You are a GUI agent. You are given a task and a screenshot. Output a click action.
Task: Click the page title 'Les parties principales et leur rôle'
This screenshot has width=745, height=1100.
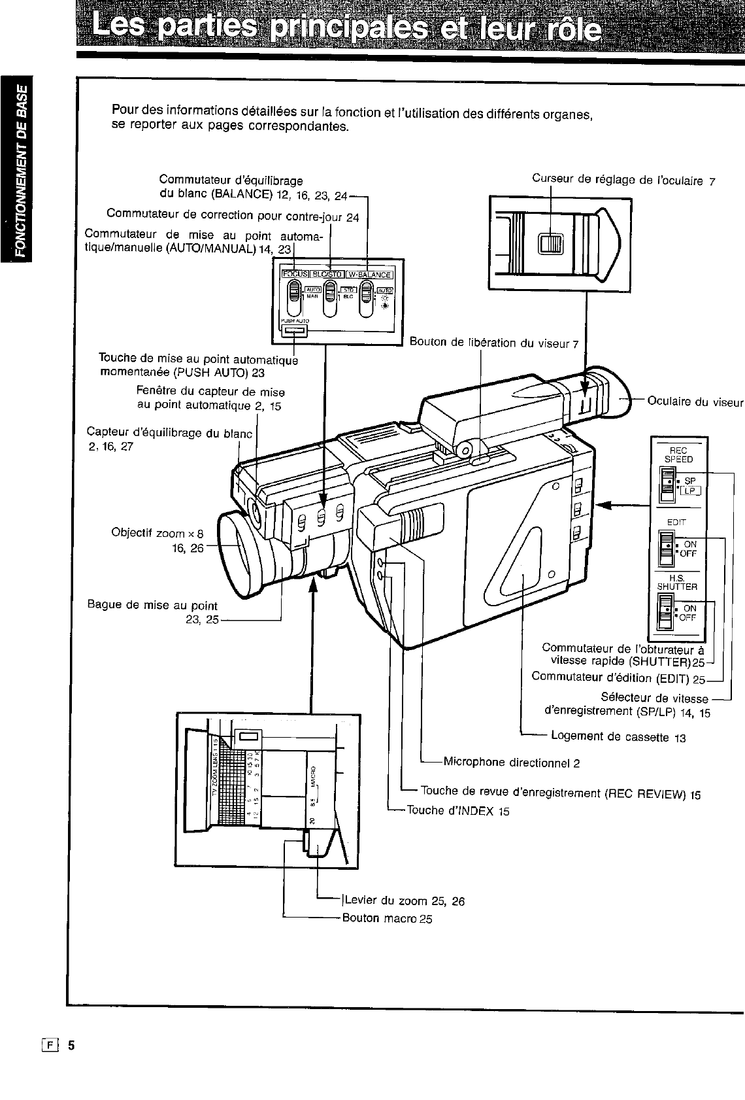point(347,29)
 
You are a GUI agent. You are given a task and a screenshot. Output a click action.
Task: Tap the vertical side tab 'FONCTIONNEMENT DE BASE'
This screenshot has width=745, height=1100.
point(22,169)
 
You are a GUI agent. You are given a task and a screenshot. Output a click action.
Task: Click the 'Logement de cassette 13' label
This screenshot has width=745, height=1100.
point(618,737)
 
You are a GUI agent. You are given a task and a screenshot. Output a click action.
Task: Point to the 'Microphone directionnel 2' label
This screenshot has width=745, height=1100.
point(511,762)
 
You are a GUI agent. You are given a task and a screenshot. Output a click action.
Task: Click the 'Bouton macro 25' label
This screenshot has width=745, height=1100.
point(387,918)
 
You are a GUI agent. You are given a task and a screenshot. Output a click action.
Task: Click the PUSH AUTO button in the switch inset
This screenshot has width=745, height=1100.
point(294,332)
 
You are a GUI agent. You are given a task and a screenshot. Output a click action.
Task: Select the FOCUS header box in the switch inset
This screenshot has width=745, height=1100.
point(294,275)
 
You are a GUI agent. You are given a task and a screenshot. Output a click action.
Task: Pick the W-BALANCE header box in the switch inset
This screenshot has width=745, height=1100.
point(369,275)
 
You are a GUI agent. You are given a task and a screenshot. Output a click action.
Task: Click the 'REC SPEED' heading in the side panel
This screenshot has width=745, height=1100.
point(678,455)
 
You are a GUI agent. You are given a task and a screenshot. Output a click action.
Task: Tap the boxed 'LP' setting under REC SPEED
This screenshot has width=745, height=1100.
point(690,490)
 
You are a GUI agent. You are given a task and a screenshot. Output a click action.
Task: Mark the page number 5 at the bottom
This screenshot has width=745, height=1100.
point(72,1045)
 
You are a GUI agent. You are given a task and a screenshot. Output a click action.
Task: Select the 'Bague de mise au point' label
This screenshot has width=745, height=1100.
point(152,606)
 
